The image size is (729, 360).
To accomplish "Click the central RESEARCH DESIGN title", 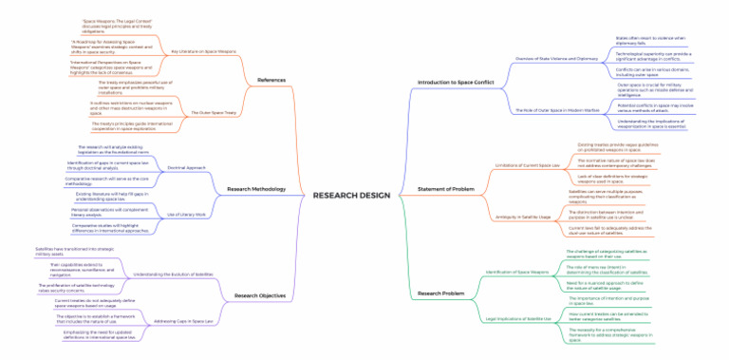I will pyautogui.click(x=350, y=196).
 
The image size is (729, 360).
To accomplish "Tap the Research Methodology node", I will pyautogui.click(x=256, y=189).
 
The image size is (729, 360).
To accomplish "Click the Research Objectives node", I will pyautogui.click(x=259, y=295).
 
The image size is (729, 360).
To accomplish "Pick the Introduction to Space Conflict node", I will pyautogui.click(x=456, y=83).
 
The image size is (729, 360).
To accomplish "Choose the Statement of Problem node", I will pyautogui.click(x=446, y=188).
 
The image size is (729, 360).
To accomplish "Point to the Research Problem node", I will pyautogui.click(x=441, y=294).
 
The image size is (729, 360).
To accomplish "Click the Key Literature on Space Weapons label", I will pyautogui.click(x=203, y=50).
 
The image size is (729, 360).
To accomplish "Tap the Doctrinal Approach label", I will pyautogui.click(x=187, y=167).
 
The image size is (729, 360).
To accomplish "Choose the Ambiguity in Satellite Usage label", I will pyautogui.click(x=524, y=218).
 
